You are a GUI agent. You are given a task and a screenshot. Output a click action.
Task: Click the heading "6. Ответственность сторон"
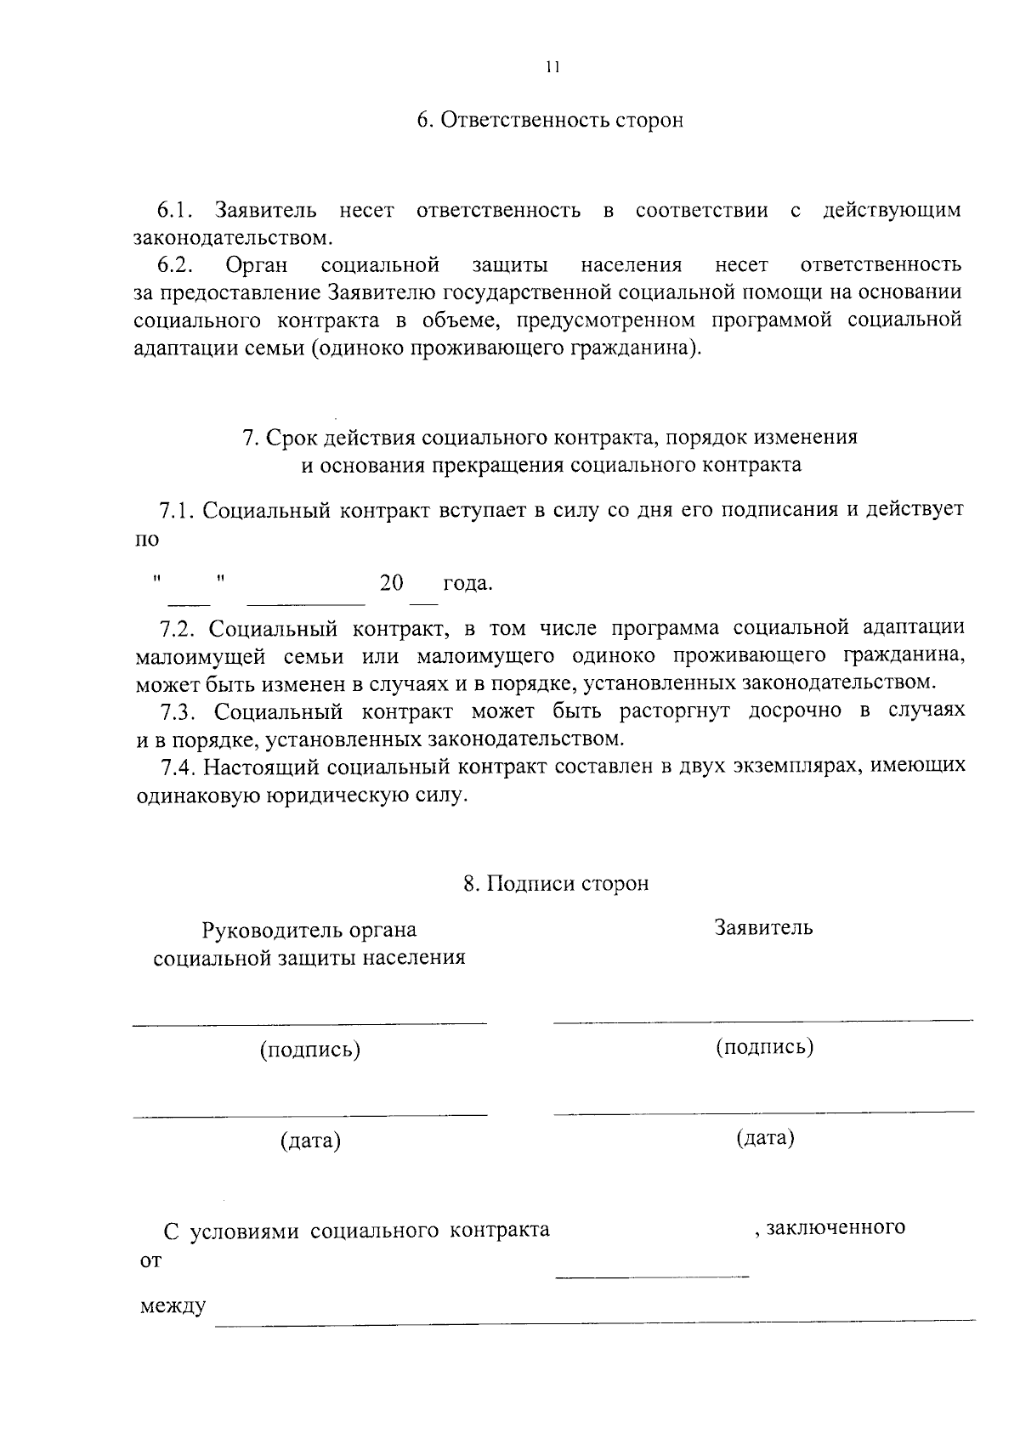[550, 121]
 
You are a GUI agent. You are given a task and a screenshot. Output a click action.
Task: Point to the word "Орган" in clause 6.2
[257, 265]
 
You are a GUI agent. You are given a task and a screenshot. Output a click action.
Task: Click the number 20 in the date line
[392, 584]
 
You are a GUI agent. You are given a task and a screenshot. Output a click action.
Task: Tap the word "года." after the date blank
[467, 585]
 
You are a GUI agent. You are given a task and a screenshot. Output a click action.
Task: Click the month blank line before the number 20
[305, 603]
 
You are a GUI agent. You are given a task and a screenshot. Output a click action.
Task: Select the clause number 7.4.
[179, 767]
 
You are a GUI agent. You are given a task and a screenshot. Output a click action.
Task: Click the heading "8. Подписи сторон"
[556, 884]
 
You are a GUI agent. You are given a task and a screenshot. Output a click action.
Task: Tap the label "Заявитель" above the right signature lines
[763, 928]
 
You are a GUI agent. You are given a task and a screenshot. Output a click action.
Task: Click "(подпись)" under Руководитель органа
[310, 1050]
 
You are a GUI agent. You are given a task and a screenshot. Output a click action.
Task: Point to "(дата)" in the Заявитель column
[765, 1137]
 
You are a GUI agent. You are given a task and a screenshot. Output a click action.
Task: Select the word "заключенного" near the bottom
[835, 1228]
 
